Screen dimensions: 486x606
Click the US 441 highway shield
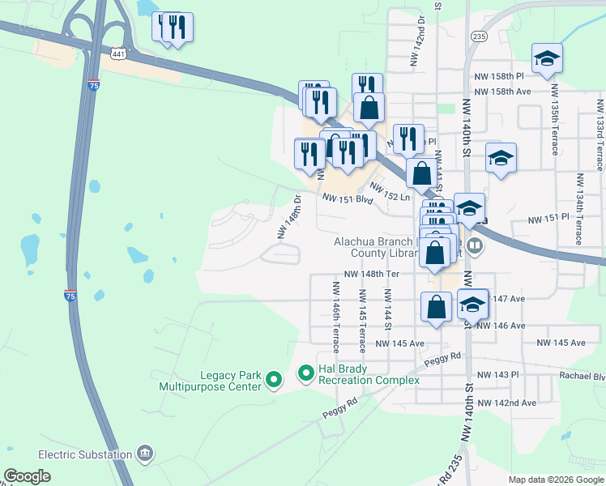[x=118, y=53]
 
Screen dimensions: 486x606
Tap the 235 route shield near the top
[x=480, y=36]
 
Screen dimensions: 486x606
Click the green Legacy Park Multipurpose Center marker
[x=274, y=378]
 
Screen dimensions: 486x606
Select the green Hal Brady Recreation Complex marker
[x=306, y=373]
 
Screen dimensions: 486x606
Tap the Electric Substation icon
[x=144, y=451]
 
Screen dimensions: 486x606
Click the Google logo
[x=28, y=475]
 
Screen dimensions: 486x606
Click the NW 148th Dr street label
[x=289, y=216]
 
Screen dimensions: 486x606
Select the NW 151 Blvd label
[x=348, y=198]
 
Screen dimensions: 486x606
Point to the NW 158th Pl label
[x=502, y=76]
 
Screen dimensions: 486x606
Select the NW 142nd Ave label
[x=507, y=403]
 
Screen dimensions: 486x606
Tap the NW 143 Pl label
[x=497, y=374]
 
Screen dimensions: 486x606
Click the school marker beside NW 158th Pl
[x=547, y=58]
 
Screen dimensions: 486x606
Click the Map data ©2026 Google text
[x=556, y=480]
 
